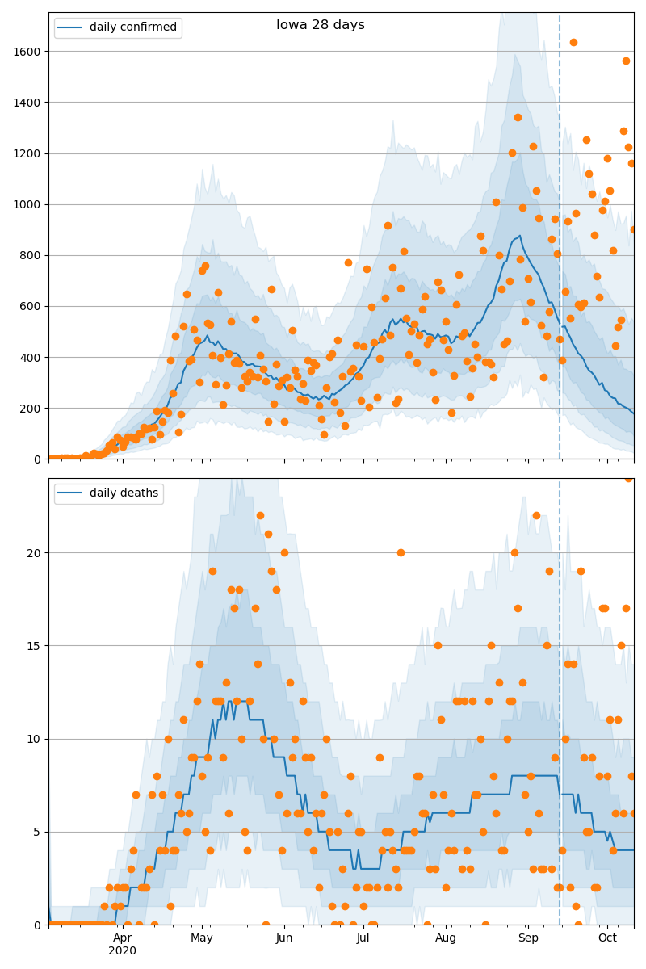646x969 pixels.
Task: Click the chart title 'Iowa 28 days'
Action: click(x=321, y=25)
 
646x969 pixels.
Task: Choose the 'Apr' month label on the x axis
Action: click(x=123, y=938)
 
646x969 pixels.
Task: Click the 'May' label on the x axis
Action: click(x=202, y=938)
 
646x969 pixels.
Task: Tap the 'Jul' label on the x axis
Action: click(x=363, y=938)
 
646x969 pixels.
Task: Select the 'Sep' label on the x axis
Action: click(x=528, y=938)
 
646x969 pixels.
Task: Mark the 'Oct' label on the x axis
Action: click(x=607, y=938)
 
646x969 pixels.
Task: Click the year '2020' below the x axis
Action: click(x=123, y=951)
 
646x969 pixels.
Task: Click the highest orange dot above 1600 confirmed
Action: click(x=573, y=42)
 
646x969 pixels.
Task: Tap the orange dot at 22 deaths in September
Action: click(x=536, y=515)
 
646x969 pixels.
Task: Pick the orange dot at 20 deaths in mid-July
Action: click(x=401, y=552)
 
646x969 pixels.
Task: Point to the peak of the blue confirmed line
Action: click(x=520, y=236)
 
